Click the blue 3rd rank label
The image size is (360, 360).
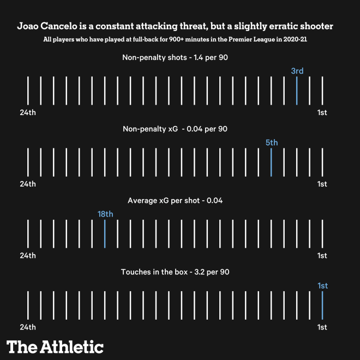click(297, 71)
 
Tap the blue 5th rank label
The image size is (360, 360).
click(271, 142)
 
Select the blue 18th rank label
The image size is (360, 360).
click(105, 214)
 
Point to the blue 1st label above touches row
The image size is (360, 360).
click(322, 285)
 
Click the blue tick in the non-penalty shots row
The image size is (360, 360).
click(297, 91)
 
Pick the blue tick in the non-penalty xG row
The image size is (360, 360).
click(271, 162)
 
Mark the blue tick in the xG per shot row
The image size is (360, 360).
click(105, 233)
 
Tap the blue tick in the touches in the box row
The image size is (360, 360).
click(322, 305)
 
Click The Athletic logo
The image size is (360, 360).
click(55, 346)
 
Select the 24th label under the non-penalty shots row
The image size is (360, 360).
click(28, 113)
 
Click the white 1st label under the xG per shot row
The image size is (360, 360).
click(322, 256)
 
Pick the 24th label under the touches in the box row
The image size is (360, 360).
click(28, 327)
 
